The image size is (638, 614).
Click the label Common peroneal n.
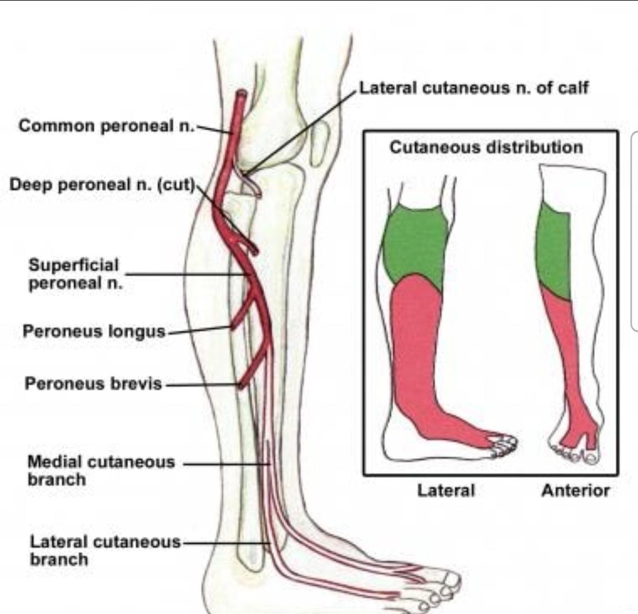(x=106, y=125)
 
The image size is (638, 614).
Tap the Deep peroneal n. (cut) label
(x=102, y=184)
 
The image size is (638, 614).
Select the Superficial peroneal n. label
(x=74, y=274)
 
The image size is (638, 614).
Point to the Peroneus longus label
(x=94, y=331)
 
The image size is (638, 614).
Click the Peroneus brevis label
(x=93, y=384)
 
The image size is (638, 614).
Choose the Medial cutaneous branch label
(x=101, y=470)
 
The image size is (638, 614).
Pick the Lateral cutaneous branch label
(x=105, y=550)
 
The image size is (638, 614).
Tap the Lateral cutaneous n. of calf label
(x=474, y=88)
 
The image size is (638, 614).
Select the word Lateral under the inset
(x=446, y=490)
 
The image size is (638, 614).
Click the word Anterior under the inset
(x=575, y=490)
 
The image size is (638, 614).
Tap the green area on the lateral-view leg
(x=415, y=242)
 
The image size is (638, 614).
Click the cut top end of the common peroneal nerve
(x=241, y=94)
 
